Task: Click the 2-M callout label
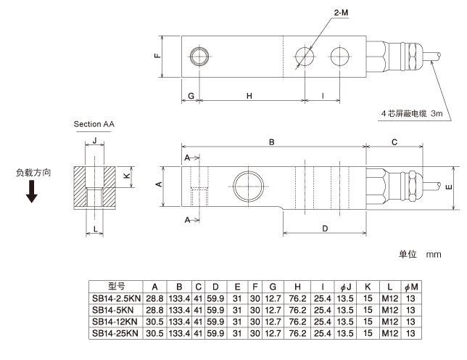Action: [x=341, y=12]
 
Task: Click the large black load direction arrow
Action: [x=32, y=192]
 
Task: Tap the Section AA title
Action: [x=94, y=124]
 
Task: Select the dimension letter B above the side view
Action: [x=272, y=142]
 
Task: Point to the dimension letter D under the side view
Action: [x=325, y=229]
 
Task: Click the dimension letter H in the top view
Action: [x=249, y=96]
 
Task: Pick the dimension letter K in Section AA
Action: [x=127, y=176]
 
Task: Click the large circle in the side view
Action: [x=249, y=187]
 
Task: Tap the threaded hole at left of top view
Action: [x=199, y=57]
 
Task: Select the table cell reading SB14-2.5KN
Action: [x=116, y=298]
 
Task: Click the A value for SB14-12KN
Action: [x=154, y=322]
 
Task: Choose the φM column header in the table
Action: [x=411, y=287]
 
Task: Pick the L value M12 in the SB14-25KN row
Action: [x=390, y=333]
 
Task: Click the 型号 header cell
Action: [x=117, y=286]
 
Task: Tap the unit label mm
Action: [x=434, y=255]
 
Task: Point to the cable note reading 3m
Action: [x=437, y=113]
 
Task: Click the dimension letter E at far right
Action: [x=449, y=187]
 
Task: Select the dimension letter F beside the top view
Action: [x=157, y=55]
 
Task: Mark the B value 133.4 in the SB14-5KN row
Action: [x=179, y=310]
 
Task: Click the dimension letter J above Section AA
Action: [x=95, y=140]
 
